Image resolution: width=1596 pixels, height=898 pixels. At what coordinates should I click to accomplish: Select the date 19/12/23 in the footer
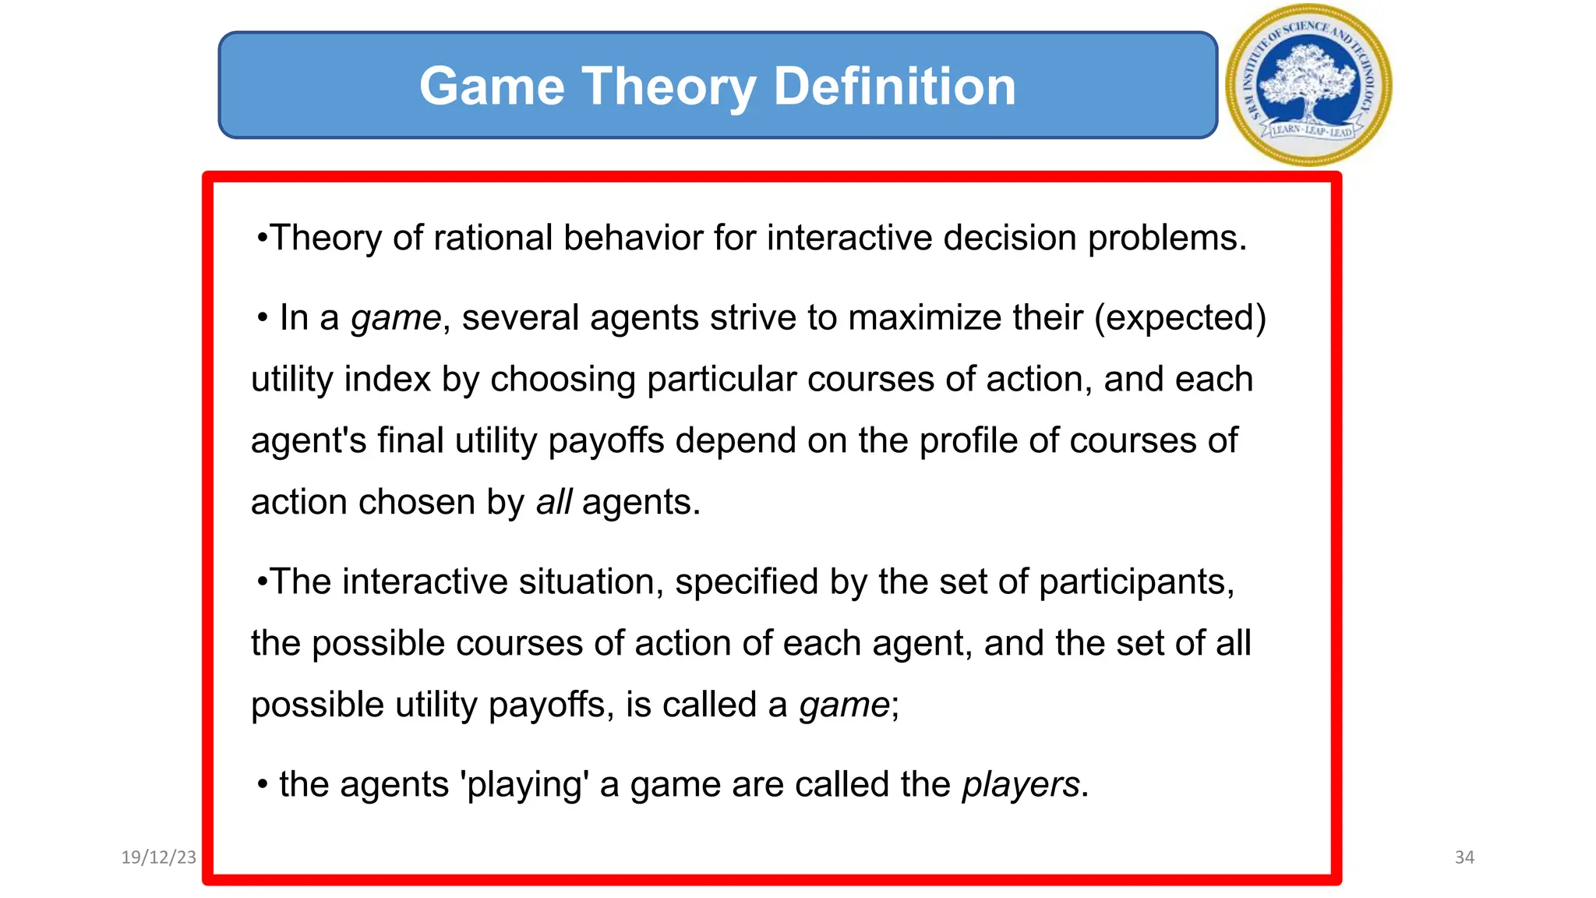(x=159, y=857)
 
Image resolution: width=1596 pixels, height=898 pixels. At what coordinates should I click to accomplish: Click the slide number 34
(x=1464, y=857)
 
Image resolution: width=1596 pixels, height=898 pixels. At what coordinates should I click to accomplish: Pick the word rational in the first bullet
(x=493, y=238)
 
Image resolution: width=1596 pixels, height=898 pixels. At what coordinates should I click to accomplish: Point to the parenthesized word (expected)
(x=1180, y=318)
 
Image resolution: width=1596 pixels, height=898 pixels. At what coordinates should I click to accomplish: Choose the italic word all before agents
(x=553, y=502)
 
